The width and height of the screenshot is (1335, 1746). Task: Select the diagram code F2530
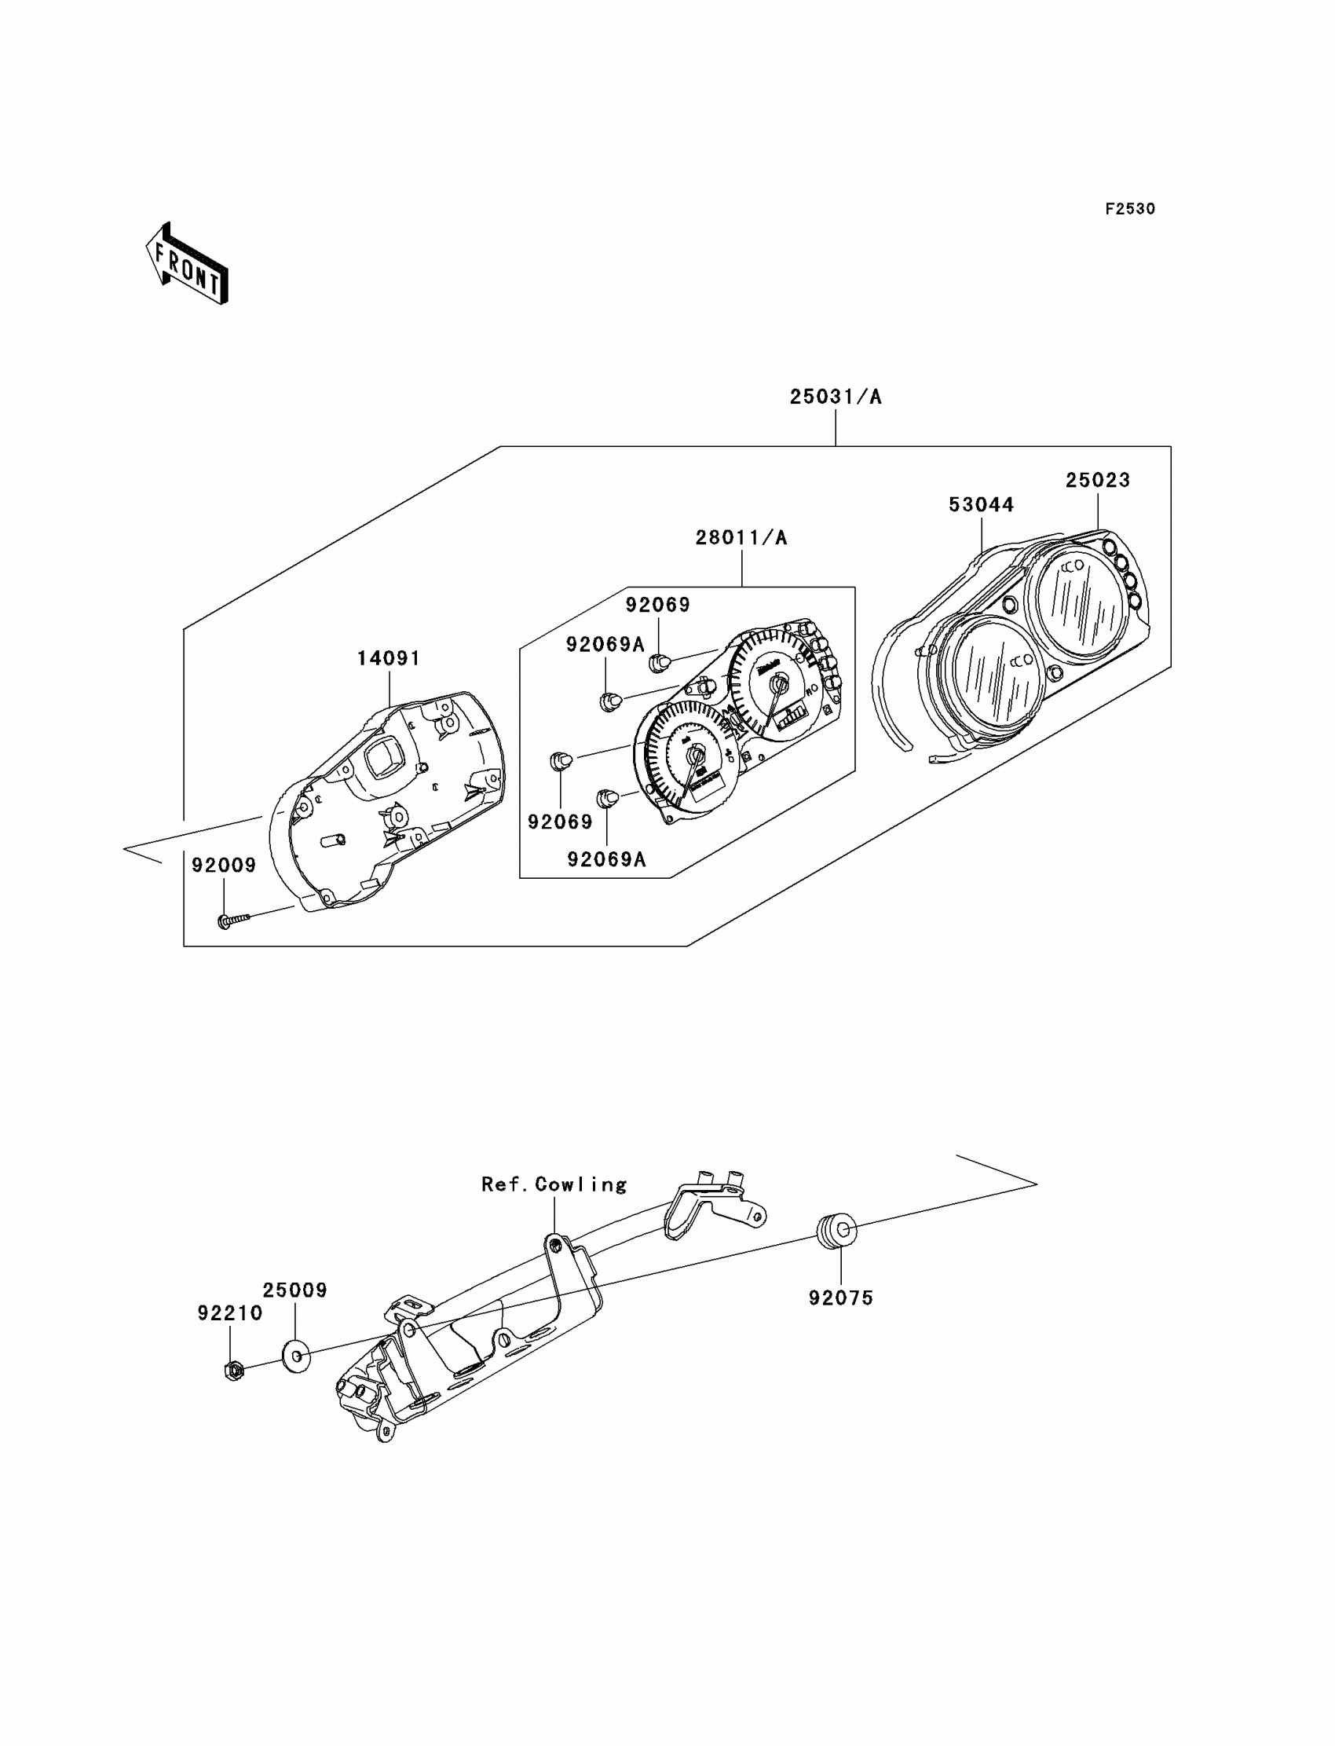pos(1129,209)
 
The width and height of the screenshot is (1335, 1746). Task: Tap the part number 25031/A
pos(836,397)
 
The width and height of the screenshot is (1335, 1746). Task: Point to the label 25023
pos(1096,480)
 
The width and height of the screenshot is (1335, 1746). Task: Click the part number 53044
pos(981,505)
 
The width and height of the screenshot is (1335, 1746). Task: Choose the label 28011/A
pos(741,538)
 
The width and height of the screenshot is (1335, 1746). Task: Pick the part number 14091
pos(388,658)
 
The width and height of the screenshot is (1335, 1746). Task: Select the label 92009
pos(223,866)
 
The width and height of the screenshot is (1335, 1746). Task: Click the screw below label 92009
pos(232,921)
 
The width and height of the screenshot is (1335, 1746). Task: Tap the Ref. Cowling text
pos(554,1185)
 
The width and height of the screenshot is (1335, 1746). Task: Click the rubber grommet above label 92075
pos(837,1231)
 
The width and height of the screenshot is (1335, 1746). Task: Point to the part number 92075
pos(841,1298)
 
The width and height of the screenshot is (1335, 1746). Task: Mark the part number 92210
pos(229,1313)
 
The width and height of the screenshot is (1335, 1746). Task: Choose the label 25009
pos(294,1290)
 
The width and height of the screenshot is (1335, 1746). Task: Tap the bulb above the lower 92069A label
pos(608,797)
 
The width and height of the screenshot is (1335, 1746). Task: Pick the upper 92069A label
pos(605,645)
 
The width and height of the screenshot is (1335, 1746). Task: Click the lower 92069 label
pos(559,822)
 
